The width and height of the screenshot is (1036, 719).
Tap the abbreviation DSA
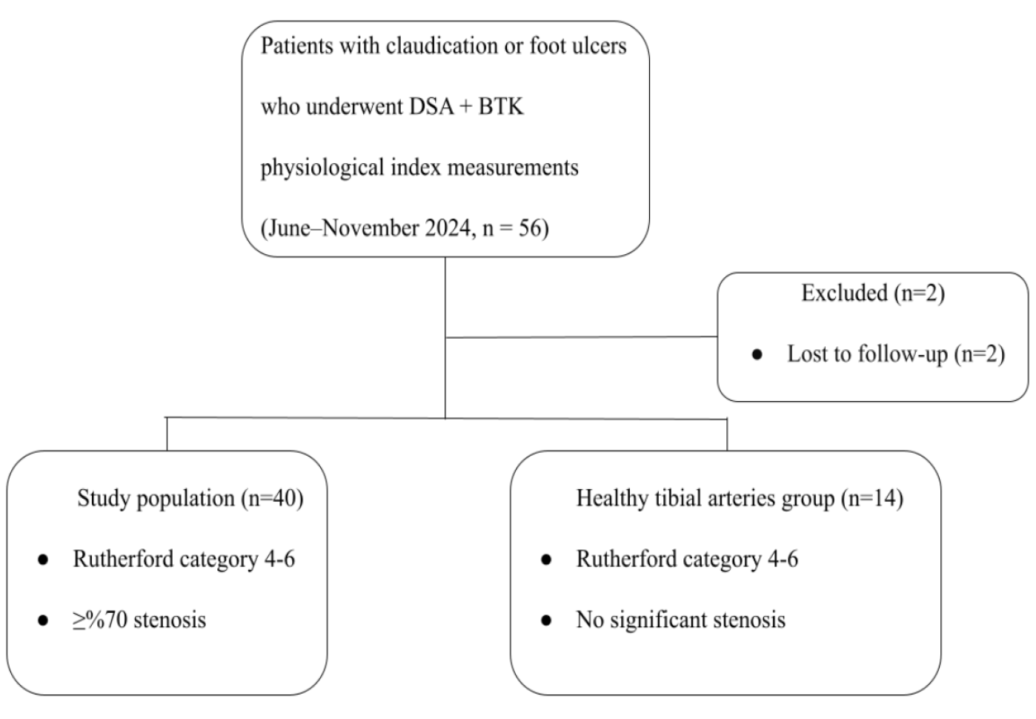tap(431, 107)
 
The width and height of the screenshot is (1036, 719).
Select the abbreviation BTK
tap(501, 107)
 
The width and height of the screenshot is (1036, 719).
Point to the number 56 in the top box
tap(530, 228)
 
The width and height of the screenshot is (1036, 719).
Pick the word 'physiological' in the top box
tap(322, 168)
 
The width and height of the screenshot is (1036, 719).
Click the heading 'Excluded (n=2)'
tap(873, 294)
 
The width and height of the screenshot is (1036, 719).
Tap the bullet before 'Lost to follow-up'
tap(757, 355)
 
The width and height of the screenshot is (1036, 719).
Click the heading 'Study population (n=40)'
tap(190, 499)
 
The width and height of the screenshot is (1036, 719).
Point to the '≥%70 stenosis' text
tap(139, 620)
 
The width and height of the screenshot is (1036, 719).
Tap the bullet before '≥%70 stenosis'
tap(43, 620)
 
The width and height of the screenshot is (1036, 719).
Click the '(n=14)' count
tap(872, 499)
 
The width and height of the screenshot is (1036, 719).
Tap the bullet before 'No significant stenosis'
tap(546, 620)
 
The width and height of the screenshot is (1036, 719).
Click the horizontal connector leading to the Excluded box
tap(582, 337)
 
